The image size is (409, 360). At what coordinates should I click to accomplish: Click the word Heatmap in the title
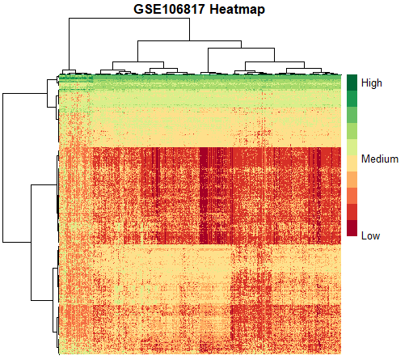point(237,10)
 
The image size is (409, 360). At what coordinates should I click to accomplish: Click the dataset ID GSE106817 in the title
point(169,9)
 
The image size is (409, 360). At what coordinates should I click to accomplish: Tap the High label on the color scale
point(372,83)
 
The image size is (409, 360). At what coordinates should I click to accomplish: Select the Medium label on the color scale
point(380,159)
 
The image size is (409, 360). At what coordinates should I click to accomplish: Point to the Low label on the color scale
point(370,235)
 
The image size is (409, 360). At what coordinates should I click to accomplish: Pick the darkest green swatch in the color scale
point(352,83)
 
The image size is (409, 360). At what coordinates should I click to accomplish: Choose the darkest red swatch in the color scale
point(352,228)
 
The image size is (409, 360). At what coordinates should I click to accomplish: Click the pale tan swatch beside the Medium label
point(352,163)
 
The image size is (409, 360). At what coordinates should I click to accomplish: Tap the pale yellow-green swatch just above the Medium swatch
point(352,147)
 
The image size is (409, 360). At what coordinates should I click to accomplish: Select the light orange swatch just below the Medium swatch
point(352,180)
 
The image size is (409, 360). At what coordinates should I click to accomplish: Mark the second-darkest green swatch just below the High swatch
point(352,99)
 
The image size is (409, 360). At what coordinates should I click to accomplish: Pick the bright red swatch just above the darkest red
point(352,212)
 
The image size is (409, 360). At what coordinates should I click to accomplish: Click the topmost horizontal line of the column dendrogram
point(129,19)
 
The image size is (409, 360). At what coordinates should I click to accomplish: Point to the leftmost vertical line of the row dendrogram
point(3,167)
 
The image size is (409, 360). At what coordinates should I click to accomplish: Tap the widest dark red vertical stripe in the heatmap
point(204,196)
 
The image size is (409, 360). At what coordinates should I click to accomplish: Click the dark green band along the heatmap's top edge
point(200,76)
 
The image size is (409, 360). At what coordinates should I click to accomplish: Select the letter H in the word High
point(365,83)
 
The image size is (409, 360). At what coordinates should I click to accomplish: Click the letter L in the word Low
point(364,235)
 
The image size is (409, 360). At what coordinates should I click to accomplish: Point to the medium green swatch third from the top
point(352,115)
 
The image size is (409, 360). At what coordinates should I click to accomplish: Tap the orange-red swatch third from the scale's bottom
point(352,196)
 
